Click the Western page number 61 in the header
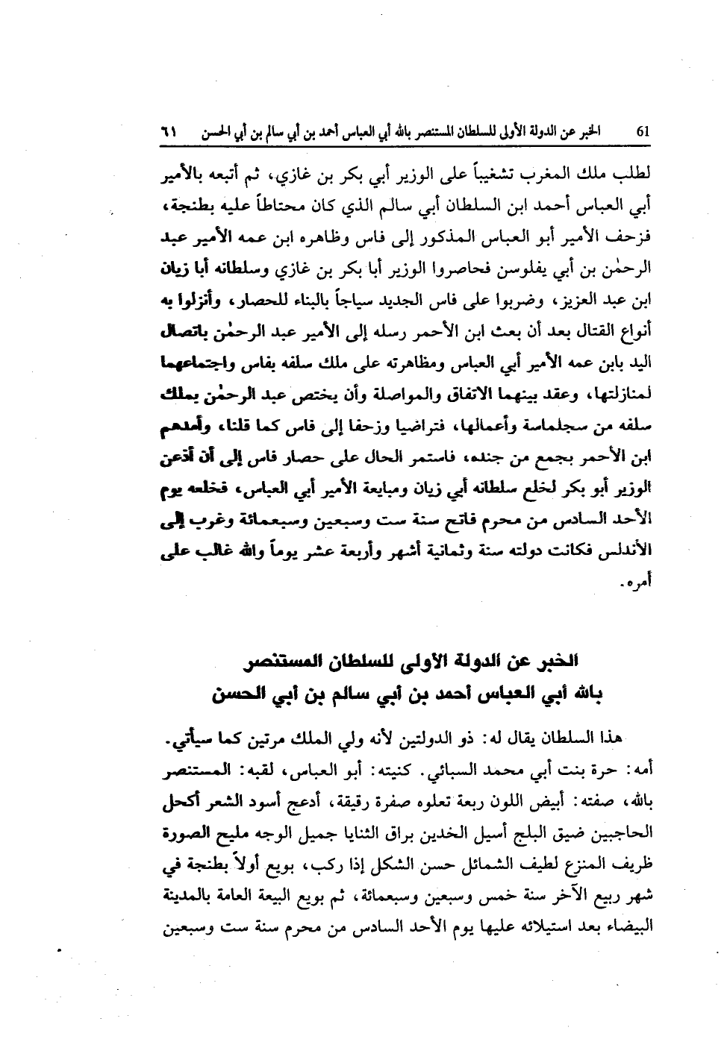coord(645,132)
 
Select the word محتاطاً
coord(275,201)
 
